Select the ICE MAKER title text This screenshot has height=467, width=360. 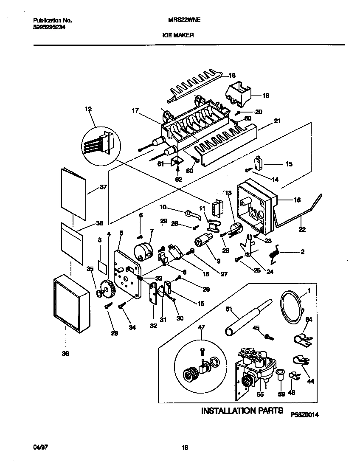point(178,36)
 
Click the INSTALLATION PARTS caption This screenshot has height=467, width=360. point(242,411)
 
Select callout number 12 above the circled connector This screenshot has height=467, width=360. point(88,110)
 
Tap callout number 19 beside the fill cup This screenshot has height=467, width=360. point(265,96)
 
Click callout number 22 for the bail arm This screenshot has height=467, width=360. point(302,230)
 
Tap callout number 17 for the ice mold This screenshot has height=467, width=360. point(135,112)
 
